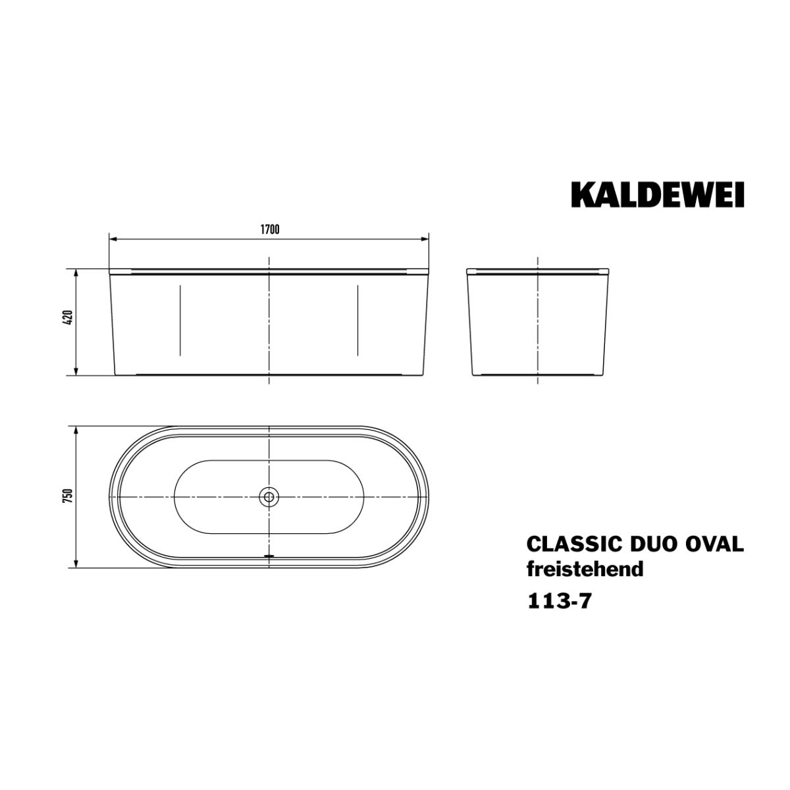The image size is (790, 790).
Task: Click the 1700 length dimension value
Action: tap(269, 230)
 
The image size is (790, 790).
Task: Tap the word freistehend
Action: tap(585, 569)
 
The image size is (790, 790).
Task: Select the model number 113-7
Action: tap(560, 602)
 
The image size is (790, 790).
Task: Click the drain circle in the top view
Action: tap(269, 497)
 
